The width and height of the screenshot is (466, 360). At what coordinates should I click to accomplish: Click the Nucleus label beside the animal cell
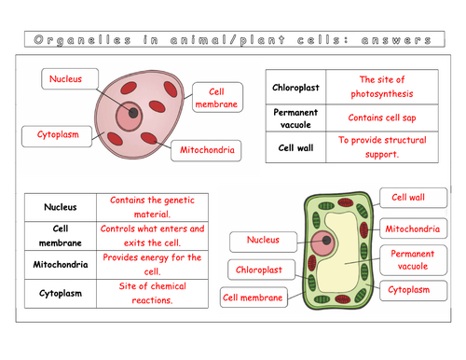[x=64, y=81]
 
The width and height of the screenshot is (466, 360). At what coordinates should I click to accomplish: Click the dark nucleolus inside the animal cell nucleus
[x=134, y=113]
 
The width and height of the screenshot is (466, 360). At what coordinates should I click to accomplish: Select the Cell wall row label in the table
[x=298, y=147]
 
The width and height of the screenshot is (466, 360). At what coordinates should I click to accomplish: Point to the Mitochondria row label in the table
[x=59, y=264]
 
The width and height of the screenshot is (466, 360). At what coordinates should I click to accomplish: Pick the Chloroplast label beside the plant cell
[x=258, y=270]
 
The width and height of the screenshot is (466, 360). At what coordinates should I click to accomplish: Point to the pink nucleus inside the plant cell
[x=324, y=244]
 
